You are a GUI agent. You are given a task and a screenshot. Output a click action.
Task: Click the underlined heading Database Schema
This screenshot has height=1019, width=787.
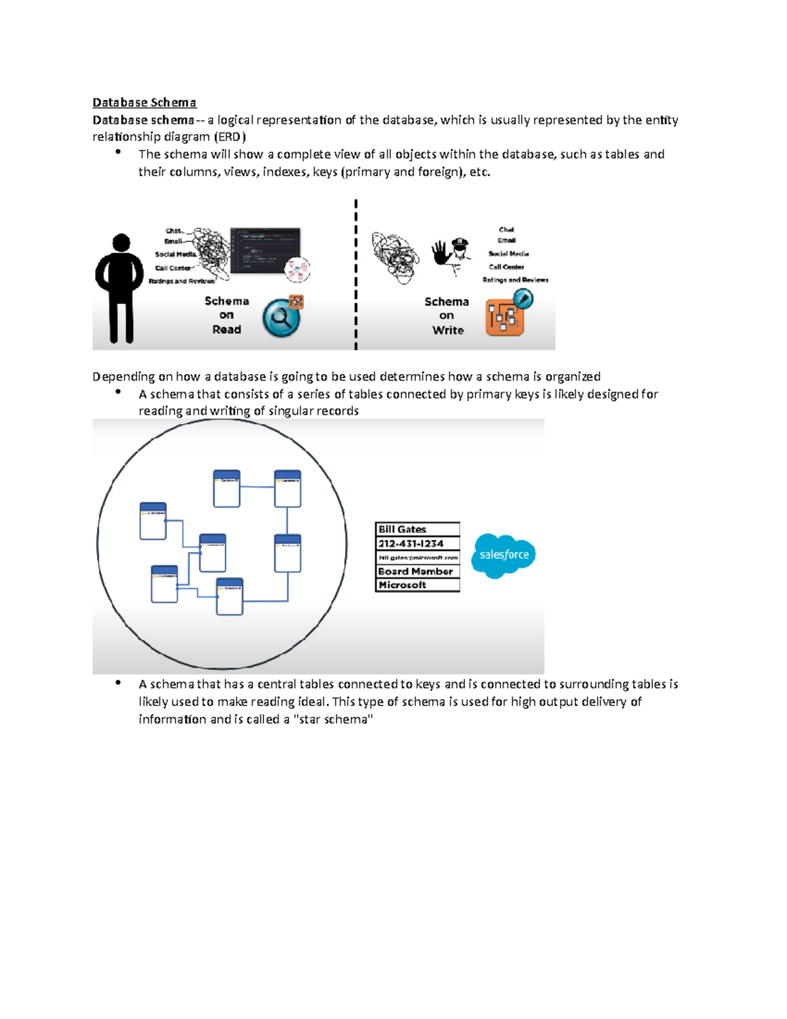[x=144, y=102]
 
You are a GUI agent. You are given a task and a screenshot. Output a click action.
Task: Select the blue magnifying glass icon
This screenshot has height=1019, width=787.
[x=281, y=318]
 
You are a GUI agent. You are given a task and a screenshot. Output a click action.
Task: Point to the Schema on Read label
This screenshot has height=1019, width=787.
[x=227, y=316]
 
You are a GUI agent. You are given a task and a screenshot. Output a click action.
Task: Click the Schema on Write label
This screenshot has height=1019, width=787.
[x=447, y=316]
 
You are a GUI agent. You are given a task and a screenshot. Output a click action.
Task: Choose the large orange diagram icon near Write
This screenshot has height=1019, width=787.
[x=504, y=318]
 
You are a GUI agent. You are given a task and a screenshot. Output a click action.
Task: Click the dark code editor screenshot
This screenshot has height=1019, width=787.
[x=266, y=250]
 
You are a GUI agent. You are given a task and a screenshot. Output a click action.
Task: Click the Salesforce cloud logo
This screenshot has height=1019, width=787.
[x=504, y=555]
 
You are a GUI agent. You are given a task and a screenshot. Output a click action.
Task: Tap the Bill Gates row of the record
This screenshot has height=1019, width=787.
[x=417, y=530]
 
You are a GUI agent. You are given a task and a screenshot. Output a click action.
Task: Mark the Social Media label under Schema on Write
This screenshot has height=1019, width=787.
[x=508, y=254]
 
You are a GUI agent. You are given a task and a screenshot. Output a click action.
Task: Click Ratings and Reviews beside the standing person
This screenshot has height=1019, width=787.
[x=182, y=281]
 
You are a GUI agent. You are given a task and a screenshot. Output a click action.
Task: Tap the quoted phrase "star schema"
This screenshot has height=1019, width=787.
[x=334, y=720]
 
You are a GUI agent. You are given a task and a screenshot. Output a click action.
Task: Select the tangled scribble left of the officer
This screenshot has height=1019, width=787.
[x=395, y=257]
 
